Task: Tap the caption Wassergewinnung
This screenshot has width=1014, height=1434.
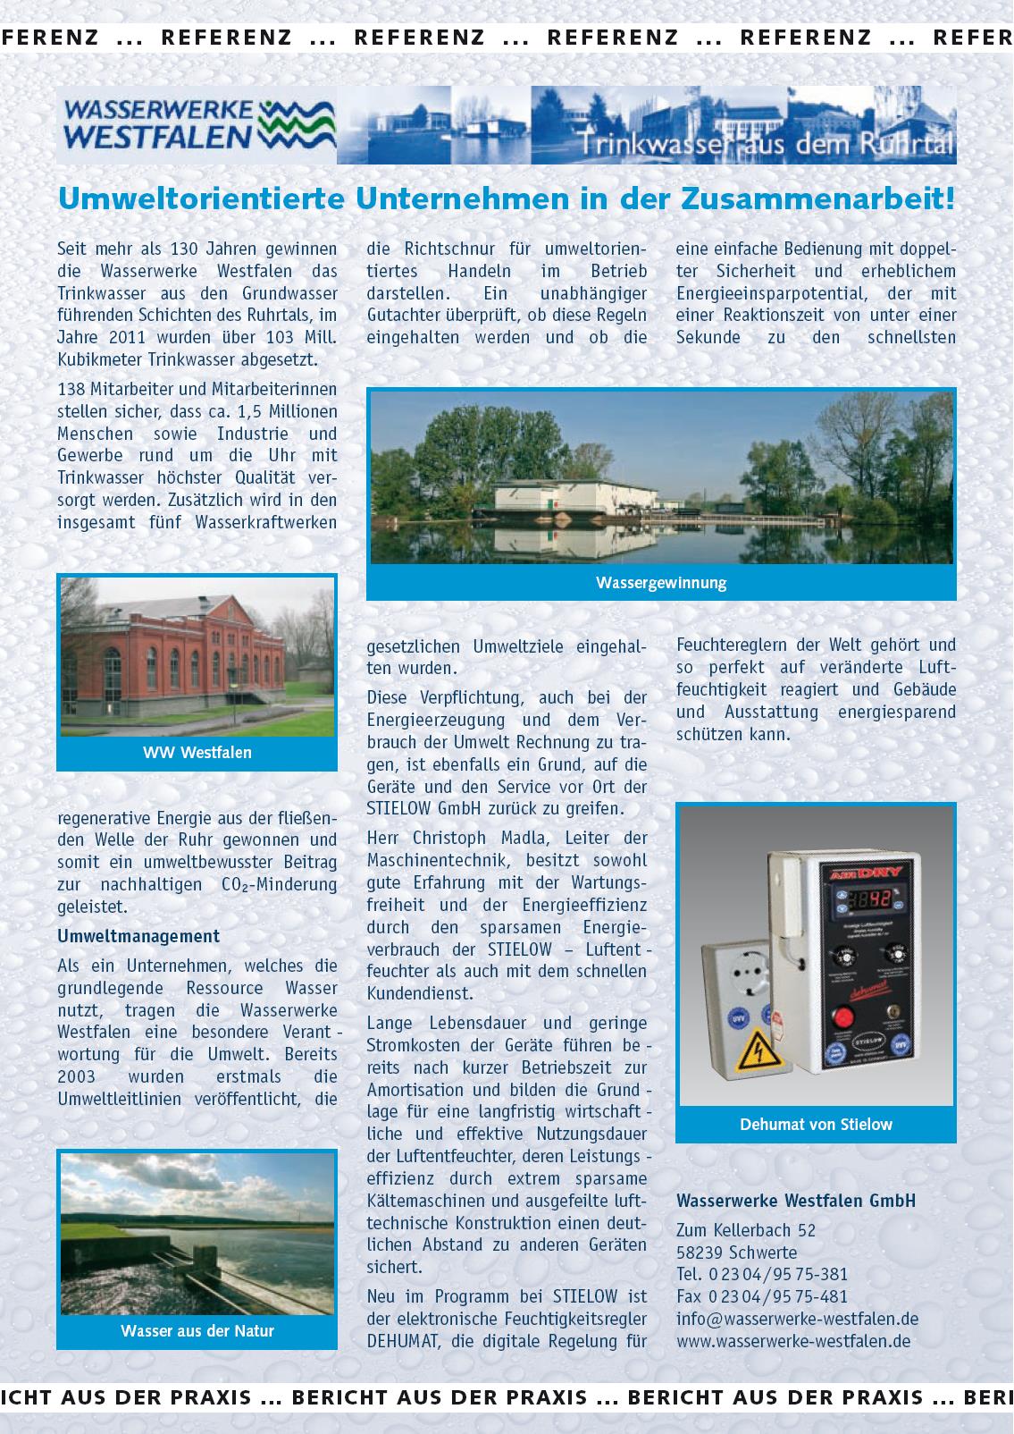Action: pos(661,583)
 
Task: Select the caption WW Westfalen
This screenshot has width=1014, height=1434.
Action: pos(197,753)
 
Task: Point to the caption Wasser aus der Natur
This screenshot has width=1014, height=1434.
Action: pos(197,1331)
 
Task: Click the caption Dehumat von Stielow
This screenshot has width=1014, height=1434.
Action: pos(816,1125)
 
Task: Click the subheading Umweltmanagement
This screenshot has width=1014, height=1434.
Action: pos(138,936)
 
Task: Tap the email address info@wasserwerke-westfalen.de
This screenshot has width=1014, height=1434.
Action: pos(797,1319)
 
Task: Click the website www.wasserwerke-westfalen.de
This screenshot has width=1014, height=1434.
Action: pos(793,1341)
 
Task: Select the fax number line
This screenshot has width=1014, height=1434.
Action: pos(762,1296)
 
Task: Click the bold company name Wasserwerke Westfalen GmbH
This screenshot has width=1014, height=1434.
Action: pos(796,1201)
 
